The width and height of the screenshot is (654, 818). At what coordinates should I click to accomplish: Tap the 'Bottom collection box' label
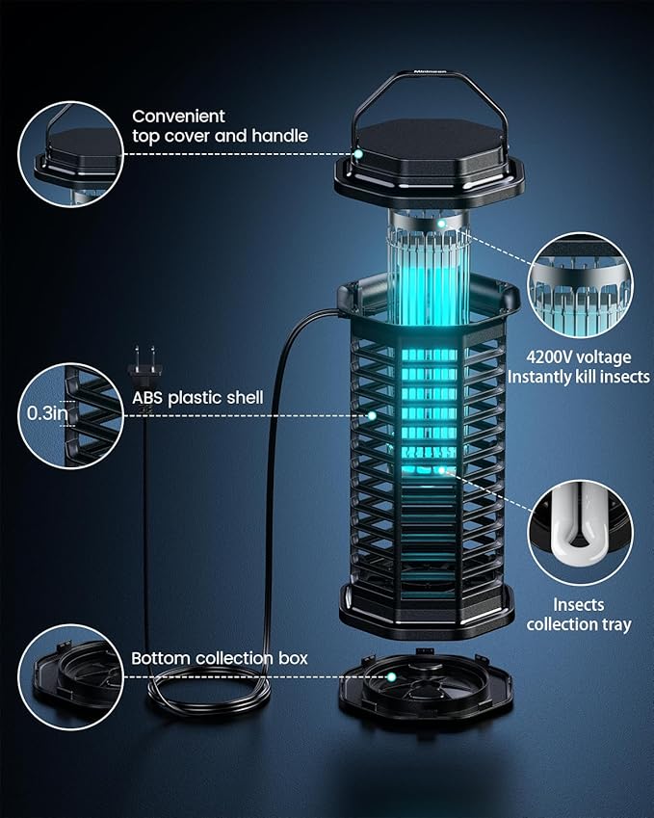tap(220, 658)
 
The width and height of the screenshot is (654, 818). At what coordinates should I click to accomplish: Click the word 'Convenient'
tap(179, 116)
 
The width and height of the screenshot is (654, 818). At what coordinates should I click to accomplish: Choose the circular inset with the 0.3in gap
tap(70, 414)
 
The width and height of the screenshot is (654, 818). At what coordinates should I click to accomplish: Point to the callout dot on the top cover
tap(357, 153)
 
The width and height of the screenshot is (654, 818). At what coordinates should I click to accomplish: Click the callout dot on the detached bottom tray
tap(393, 677)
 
